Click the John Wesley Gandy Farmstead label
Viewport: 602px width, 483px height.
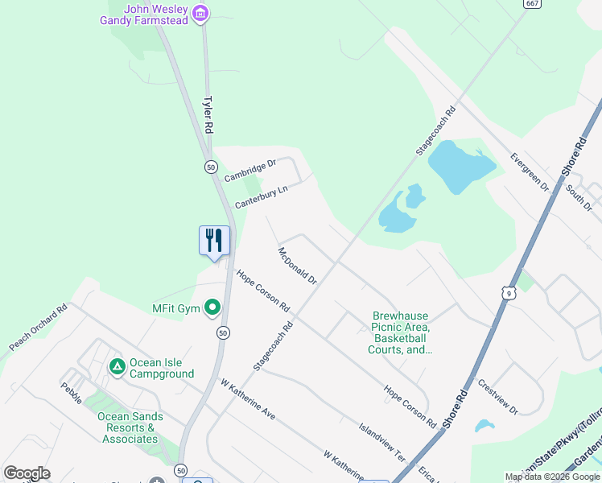pyautogui.click(x=144, y=14)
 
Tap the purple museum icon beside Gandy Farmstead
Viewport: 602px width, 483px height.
pyautogui.click(x=201, y=13)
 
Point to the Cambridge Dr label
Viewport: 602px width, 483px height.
pyautogui.click(x=249, y=170)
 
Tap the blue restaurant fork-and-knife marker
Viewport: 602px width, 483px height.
pyautogui.click(x=214, y=241)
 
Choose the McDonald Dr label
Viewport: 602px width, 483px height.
pyautogui.click(x=298, y=266)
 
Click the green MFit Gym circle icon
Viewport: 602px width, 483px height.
pyautogui.click(x=212, y=308)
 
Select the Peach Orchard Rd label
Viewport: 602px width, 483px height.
pyautogui.click(x=39, y=327)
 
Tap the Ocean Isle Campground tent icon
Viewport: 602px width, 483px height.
pyautogui.click(x=117, y=367)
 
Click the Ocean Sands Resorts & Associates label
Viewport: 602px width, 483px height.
pyautogui.click(x=130, y=427)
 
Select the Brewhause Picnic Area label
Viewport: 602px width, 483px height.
pyautogui.click(x=400, y=333)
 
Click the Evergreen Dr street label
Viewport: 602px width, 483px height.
pyautogui.click(x=530, y=171)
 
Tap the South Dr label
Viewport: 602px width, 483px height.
pyautogui.click(x=578, y=196)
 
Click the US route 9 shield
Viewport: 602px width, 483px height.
pyautogui.click(x=509, y=294)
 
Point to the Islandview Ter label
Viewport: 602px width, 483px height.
pyautogui.click(x=381, y=440)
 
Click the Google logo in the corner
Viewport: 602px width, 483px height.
pyautogui.click(x=27, y=473)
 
